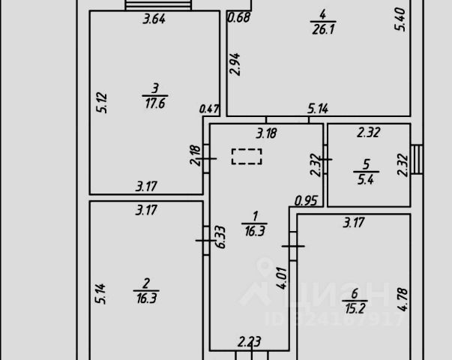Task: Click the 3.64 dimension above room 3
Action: tap(154, 19)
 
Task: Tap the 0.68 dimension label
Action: tap(239, 17)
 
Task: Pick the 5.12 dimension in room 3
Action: tap(103, 102)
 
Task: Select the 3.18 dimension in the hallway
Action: tap(266, 134)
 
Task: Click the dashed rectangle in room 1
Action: tap(247, 157)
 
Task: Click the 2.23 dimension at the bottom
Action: tap(250, 342)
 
